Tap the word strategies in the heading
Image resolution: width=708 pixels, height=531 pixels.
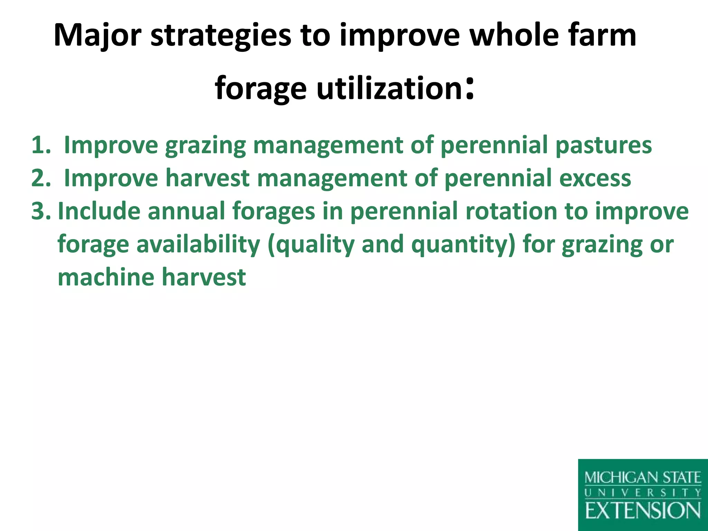(x=221, y=35)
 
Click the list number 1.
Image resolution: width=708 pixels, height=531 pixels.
(x=40, y=145)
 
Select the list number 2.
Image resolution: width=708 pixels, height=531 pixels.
(x=40, y=178)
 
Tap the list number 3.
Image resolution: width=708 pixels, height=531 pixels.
(x=40, y=211)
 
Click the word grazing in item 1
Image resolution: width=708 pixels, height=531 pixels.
(x=205, y=145)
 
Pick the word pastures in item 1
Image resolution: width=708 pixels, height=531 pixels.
(x=604, y=145)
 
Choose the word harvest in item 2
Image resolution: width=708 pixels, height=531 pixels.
(x=207, y=178)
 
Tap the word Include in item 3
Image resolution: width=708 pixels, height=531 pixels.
(x=99, y=211)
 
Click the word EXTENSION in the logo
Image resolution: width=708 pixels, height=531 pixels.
(x=643, y=511)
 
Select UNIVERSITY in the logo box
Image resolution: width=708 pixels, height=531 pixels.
(x=643, y=493)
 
